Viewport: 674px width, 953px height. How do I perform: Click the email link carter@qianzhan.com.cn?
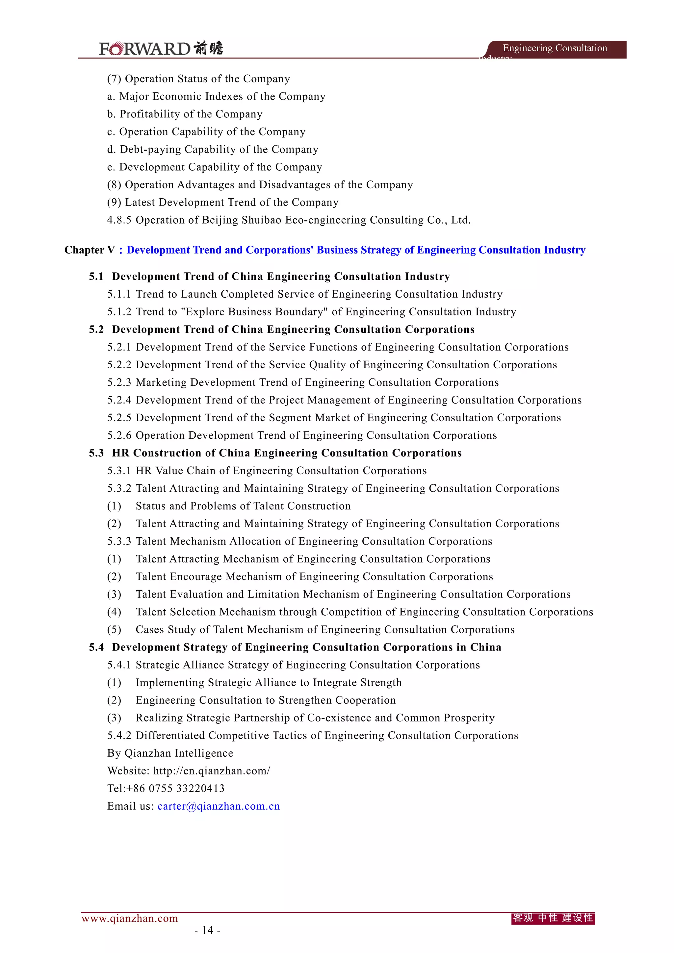point(219,806)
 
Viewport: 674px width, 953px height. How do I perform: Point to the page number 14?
point(207,930)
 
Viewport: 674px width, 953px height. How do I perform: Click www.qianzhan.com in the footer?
point(130,918)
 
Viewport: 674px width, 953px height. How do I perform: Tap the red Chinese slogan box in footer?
point(553,918)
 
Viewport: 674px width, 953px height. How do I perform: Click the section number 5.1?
point(96,277)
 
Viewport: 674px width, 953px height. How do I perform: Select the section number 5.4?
point(96,647)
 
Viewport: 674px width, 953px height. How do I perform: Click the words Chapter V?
point(89,250)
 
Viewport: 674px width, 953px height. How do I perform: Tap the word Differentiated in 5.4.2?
point(170,736)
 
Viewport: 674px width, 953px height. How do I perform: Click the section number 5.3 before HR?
point(96,453)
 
